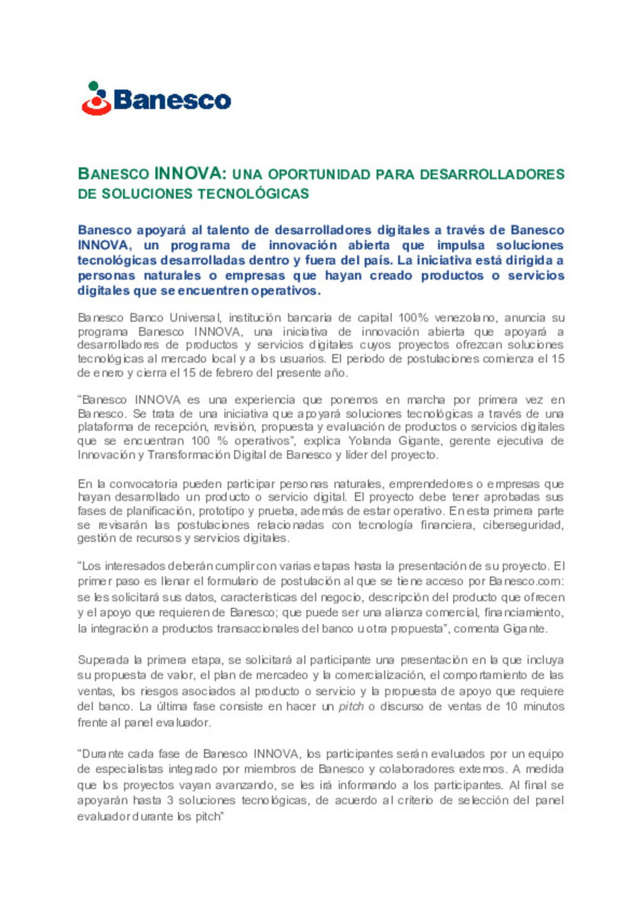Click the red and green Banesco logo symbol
pyautogui.click(x=96, y=99)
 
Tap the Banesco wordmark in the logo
pyautogui.click(x=172, y=100)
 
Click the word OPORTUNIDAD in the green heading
pyautogui.click(x=319, y=175)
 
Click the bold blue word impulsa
pyautogui.click(x=461, y=246)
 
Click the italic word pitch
pyautogui.click(x=351, y=707)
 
